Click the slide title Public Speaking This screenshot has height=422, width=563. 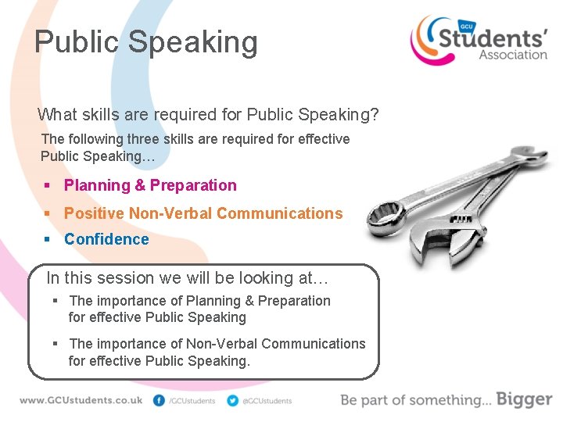point(145,42)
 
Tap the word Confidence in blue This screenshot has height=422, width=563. point(106,239)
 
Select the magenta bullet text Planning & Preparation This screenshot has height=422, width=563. point(150,185)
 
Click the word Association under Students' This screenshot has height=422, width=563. point(513,55)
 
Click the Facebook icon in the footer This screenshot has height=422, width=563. point(160,401)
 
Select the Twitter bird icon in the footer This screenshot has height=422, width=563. point(232,401)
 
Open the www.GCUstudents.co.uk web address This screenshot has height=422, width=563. point(81,400)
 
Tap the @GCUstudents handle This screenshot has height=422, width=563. point(267,401)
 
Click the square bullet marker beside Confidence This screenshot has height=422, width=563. point(48,240)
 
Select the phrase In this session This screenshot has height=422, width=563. point(98,277)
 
